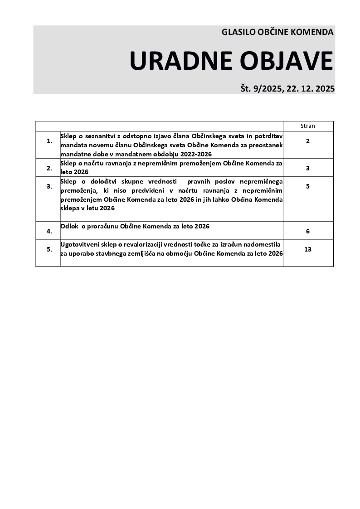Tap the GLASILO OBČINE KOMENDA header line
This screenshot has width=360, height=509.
coord(277,32)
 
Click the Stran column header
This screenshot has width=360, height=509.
coord(308,126)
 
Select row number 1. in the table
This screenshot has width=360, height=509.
coord(49,141)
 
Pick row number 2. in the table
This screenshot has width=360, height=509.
coord(49,168)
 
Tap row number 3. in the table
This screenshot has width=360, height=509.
coord(49,186)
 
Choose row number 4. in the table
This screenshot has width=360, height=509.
coord(49,231)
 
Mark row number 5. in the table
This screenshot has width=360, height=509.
coord(49,249)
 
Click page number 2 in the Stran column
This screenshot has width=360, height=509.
coord(308,141)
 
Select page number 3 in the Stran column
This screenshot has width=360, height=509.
coord(308,168)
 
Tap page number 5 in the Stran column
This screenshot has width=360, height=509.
coord(308,186)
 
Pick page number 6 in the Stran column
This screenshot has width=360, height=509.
coord(308,231)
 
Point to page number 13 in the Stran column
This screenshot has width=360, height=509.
coord(308,249)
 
